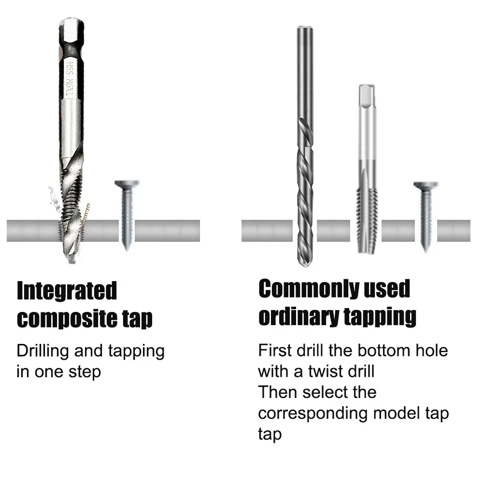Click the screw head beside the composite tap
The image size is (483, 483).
click(x=127, y=184)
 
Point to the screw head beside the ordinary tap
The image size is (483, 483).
click(x=426, y=185)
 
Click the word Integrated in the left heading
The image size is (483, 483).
click(x=67, y=291)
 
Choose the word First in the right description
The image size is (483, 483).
click(x=275, y=350)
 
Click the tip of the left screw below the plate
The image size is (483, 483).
click(x=127, y=249)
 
